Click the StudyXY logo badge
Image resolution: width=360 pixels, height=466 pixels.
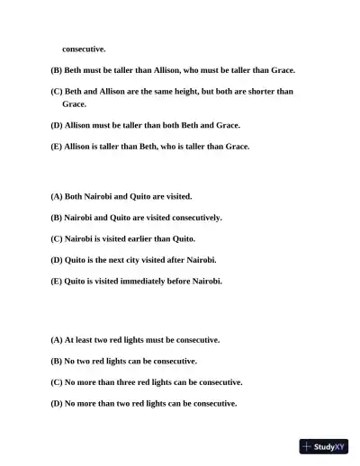(x=324, y=445)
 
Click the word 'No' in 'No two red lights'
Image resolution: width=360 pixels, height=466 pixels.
(x=70, y=361)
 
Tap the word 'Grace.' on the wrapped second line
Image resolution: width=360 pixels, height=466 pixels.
(x=75, y=104)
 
